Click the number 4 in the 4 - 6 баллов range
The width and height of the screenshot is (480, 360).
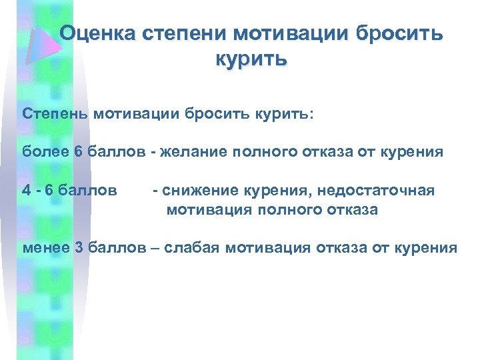27,191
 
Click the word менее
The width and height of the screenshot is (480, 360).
46,249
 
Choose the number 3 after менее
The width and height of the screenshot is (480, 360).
79,249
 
